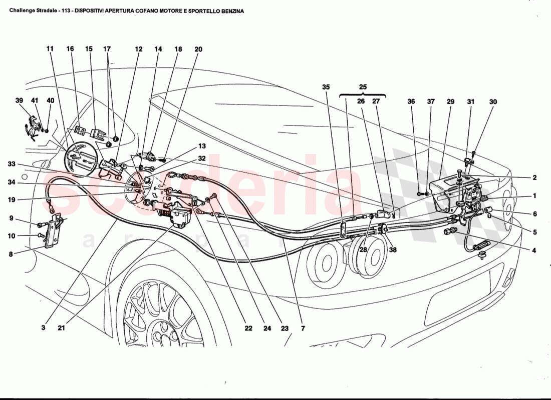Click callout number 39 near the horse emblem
coord(20,100)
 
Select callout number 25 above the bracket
coord(363,86)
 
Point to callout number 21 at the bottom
coord(61,328)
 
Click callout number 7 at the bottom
coord(303,328)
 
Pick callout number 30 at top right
coord(493,101)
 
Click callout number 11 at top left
coord(50,49)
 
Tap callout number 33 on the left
coord(12,164)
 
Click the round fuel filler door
coord(80,159)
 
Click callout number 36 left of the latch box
coord(411,101)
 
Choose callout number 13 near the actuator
coord(201,146)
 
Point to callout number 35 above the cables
coord(326,86)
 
